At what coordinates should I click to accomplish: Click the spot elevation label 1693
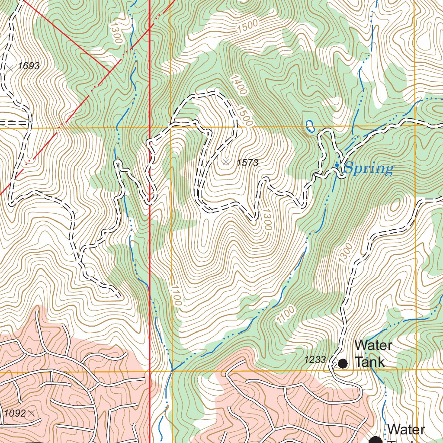(29, 66)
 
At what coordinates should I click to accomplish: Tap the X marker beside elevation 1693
(10, 68)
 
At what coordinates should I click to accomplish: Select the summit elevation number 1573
(247, 163)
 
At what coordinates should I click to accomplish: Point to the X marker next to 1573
(225, 162)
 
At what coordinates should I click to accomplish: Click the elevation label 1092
(15, 414)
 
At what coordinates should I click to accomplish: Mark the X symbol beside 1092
(31, 414)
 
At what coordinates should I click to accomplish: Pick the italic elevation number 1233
(315, 360)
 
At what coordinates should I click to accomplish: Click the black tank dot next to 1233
(343, 363)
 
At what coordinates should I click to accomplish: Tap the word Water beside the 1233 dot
(373, 346)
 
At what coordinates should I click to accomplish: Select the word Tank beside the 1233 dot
(369, 362)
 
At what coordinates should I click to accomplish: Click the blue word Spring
(369, 168)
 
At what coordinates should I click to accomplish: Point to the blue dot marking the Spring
(337, 165)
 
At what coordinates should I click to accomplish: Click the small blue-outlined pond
(310, 126)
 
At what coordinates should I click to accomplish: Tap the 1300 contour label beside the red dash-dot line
(116, 32)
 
